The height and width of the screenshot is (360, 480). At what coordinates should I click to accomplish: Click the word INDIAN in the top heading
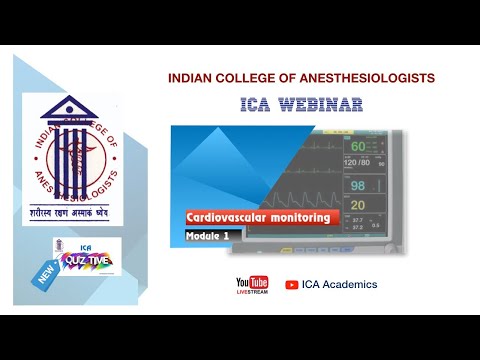click(x=191, y=77)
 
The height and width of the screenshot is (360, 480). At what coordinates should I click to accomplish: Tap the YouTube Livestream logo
click(x=252, y=286)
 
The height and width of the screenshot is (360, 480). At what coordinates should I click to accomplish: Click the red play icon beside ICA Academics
click(x=292, y=285)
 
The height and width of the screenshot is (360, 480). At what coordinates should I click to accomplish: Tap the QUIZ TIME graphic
click(x=86, y=261)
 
